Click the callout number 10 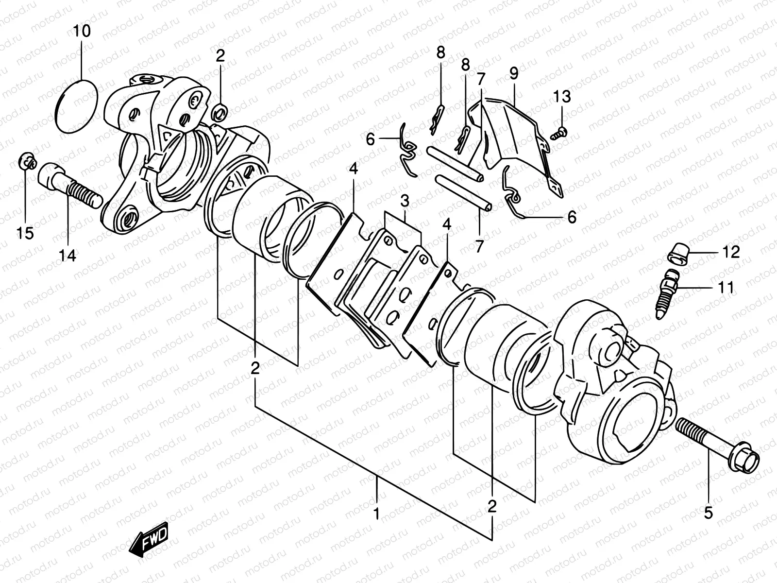[x=82, y=32]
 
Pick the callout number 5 [x=708, y=512]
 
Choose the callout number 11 [x=726, y=288]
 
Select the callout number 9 [x=514, y=73]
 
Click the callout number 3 [x=405, y=201]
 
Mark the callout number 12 [x=731, y=252]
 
